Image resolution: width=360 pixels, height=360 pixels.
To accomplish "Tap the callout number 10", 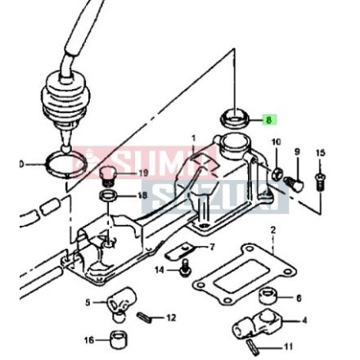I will pos(275,142).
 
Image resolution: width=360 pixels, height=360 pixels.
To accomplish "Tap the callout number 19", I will pos(145,173).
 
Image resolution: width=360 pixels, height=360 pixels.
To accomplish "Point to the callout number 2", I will pos(272,230).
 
